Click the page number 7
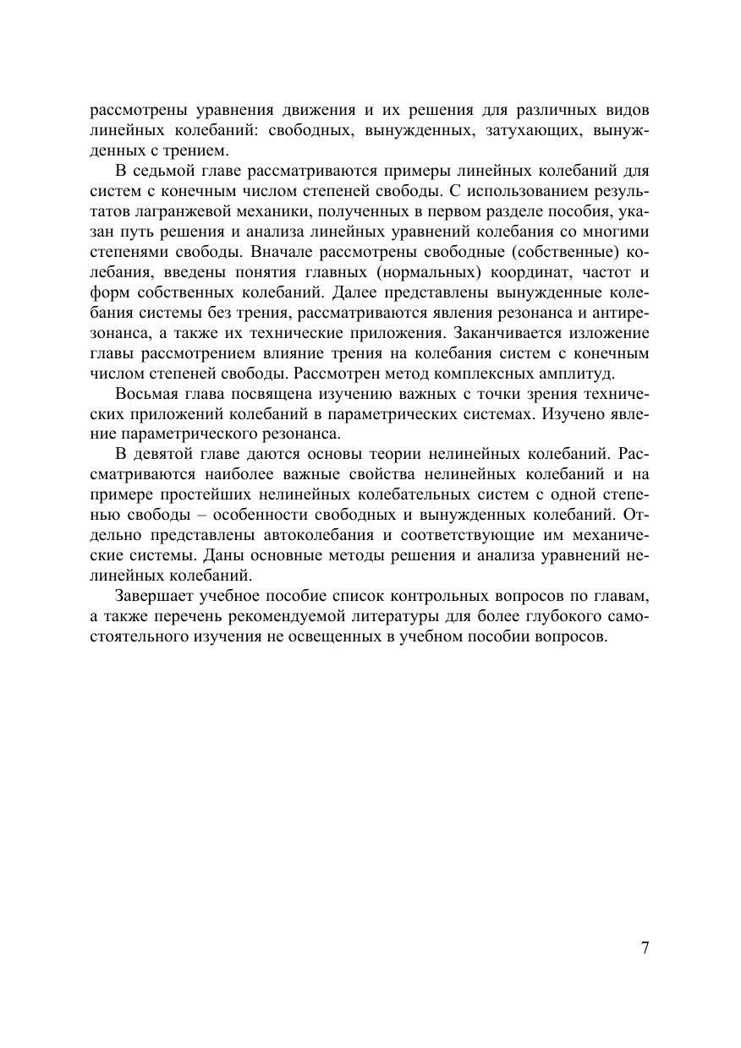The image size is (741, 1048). coord(645,947)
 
